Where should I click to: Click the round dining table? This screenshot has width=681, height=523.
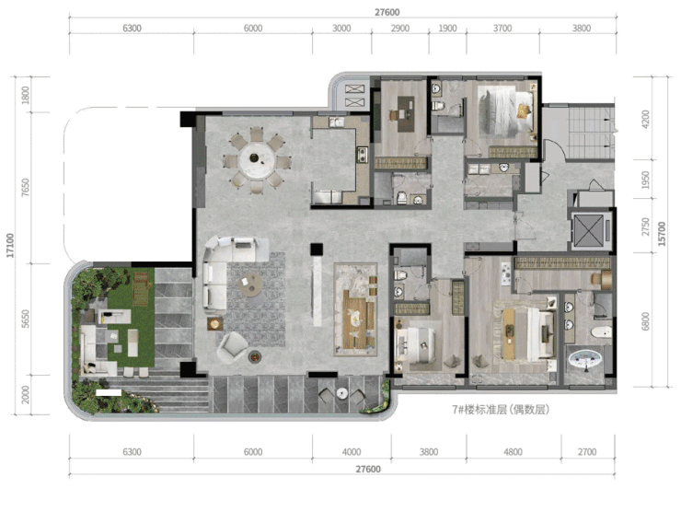257,159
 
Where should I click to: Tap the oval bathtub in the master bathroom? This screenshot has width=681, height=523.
584,360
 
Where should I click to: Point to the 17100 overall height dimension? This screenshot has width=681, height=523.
10,246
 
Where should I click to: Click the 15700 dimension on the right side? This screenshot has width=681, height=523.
662,234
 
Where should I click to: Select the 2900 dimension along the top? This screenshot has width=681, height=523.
400,29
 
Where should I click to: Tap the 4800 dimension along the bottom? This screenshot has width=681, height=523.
513,452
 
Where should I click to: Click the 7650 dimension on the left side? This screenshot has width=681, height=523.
26,187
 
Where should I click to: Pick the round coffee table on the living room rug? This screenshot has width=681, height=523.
250,284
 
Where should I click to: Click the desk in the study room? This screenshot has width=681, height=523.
406,114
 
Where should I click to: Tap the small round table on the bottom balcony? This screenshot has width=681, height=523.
342,393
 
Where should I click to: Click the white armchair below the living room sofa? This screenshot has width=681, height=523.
232,346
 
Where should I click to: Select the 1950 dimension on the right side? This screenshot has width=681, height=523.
645,180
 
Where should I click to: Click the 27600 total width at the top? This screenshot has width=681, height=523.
387,12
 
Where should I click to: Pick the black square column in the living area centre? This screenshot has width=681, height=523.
317,250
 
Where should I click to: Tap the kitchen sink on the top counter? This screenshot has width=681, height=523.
336,122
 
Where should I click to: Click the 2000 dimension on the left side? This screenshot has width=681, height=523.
26,394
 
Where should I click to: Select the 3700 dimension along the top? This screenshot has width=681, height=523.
502,29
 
